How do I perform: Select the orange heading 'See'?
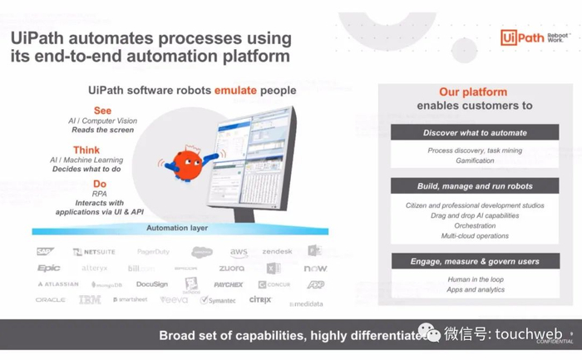(102, 110)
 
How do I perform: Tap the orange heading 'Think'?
(87, 150)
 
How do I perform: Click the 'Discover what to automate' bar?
(475, 133)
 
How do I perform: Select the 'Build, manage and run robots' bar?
(475, 186)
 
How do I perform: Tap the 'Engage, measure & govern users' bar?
(475, 261)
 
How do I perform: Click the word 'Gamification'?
(474, 161)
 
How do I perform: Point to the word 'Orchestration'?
(475, 225)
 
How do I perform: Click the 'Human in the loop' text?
(475, 279)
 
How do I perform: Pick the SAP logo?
(45, 251)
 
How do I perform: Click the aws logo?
(239, 252)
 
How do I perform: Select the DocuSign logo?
(152, 284)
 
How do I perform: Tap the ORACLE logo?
(51, 300)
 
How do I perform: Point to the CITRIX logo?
(260, 300)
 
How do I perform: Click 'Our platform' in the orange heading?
(473, 92)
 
